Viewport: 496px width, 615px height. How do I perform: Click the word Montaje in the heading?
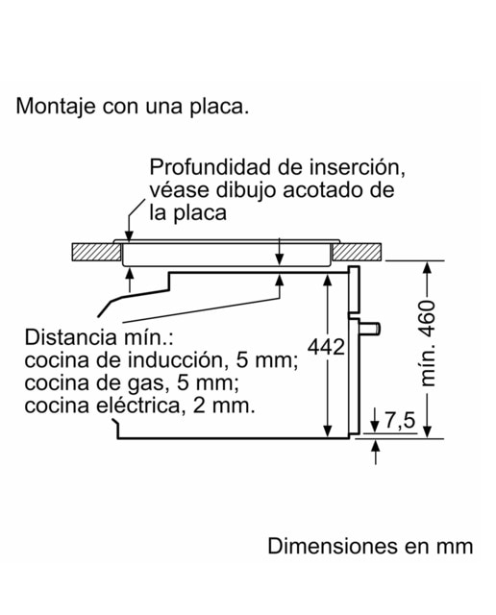[56, 107]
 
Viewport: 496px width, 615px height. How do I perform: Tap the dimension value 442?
[326, 347]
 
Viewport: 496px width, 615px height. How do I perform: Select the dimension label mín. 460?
[428, 343]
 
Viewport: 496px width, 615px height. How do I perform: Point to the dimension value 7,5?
[400, 421]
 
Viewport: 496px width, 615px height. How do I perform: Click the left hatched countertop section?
[96, 252]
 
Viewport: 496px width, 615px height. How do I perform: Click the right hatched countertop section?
[357, 252]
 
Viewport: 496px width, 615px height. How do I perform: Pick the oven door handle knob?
[370, 329]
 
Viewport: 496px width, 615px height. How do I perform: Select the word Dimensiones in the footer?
[333, 546]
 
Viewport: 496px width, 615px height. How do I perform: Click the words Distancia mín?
[99, 337]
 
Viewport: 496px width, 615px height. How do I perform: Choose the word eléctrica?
[138, 406]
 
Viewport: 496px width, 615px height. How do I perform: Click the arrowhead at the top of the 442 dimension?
[327, 280]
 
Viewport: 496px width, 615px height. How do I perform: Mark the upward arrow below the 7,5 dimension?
[376, 453]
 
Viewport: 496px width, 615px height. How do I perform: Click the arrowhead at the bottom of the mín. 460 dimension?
[428, 431]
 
